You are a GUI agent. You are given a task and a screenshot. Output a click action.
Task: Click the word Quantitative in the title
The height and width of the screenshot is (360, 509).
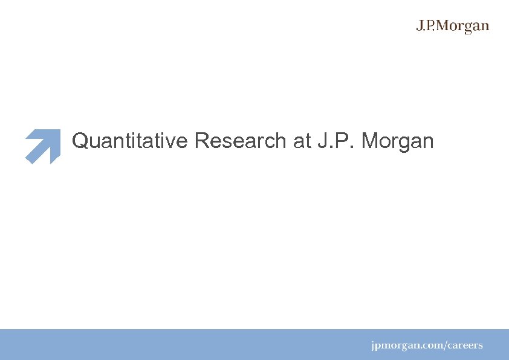pos(131,141)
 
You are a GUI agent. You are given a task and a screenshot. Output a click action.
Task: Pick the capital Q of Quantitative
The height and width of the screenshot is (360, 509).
pos(80,141)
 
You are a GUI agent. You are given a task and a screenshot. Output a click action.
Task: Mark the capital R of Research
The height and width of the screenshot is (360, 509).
pos(201,141)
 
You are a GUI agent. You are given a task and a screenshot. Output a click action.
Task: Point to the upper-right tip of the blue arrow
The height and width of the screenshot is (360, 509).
pos(58,131)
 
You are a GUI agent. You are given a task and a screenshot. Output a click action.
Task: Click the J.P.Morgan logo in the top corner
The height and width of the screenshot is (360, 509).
pos(452,27)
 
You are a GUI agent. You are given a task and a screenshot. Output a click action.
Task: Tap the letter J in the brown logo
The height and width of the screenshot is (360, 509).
pos(420,26)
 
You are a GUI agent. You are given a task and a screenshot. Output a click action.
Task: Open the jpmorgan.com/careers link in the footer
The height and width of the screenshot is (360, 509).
pos(427,346)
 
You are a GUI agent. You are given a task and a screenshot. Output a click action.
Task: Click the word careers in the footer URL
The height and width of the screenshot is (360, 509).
pos(466,346)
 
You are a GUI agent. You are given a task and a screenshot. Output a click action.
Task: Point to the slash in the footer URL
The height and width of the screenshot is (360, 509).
pos(446,346)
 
